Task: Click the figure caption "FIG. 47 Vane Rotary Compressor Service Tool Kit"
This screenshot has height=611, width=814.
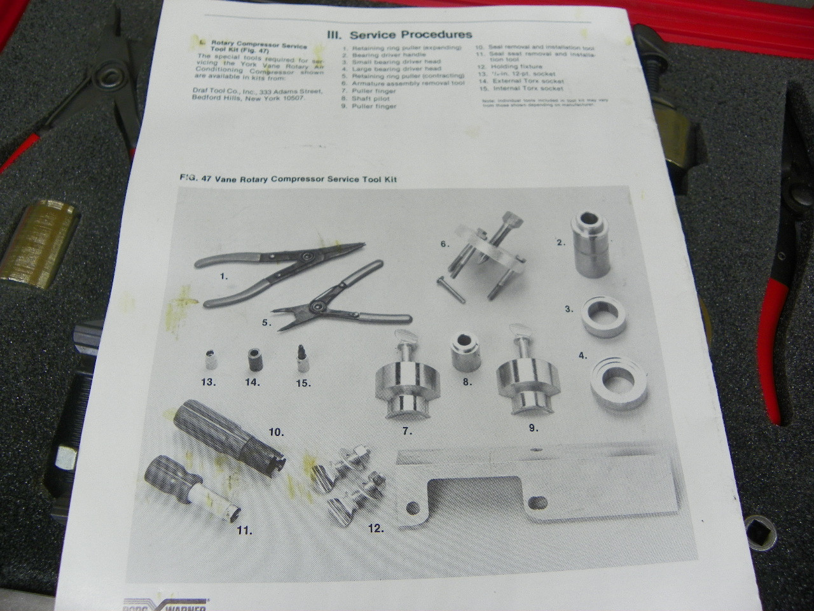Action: pos(289,179)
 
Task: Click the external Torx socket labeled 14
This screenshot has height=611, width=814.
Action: pos(256,362)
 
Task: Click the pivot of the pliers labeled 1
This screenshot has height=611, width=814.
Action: pos(306,255)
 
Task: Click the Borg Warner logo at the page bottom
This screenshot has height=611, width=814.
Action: pos(165,605)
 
